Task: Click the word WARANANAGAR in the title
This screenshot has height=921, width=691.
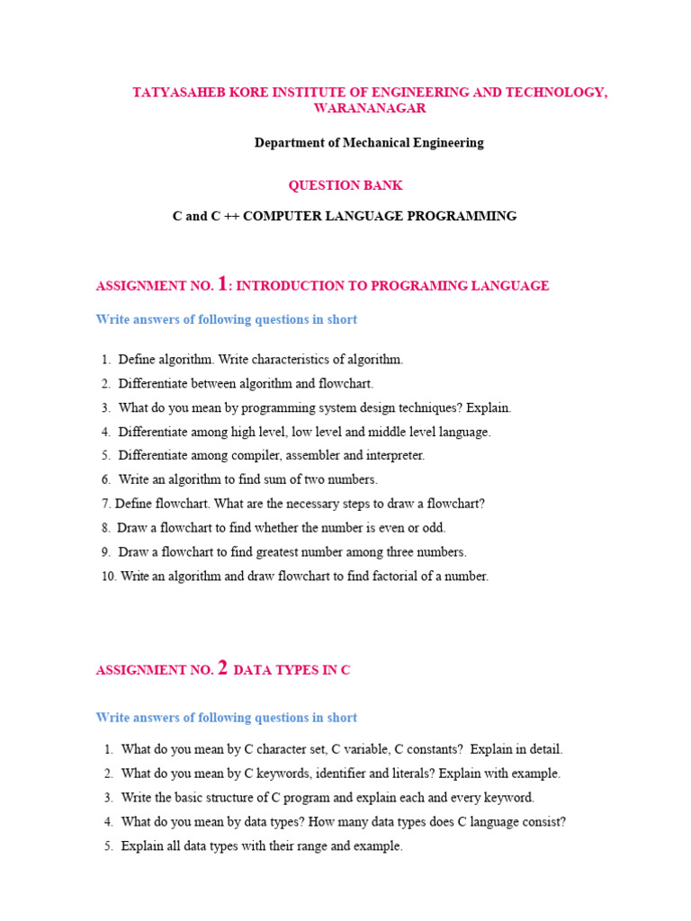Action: [x=370, y=108]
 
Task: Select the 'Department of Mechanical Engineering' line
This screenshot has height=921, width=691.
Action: [x=369, y=142]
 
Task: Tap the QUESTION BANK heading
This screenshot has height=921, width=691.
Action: [x=345, y=185]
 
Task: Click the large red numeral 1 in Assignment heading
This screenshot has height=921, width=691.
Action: [x=222, y=283]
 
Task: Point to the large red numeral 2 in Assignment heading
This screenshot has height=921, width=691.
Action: [x=223, y=667]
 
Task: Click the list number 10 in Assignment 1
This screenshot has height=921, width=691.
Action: [x=108, y=576]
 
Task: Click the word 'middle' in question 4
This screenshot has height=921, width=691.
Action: [x=388, y=432]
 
